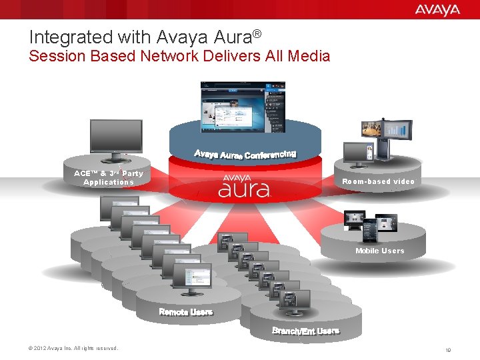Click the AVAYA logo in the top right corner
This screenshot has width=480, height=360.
click(x=437, y=9)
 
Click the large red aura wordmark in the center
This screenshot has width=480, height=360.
click(x=244, y=191)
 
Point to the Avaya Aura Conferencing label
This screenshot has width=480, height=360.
click(x=245, y=155)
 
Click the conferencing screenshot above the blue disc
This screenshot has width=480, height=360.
click(x=243, y=107)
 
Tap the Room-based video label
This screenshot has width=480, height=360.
click(x=378, y=181)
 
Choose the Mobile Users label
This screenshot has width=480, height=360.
click(x=379, y=251)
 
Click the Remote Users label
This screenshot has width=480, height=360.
click(x=185, y=312)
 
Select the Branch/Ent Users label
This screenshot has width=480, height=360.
click(x=305, y=331)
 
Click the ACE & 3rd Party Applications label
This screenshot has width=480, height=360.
click(x=109, y=177)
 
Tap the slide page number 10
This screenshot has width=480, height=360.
click(x=448, y=349)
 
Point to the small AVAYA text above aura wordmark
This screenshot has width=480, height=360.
click(x=237, y=177)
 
